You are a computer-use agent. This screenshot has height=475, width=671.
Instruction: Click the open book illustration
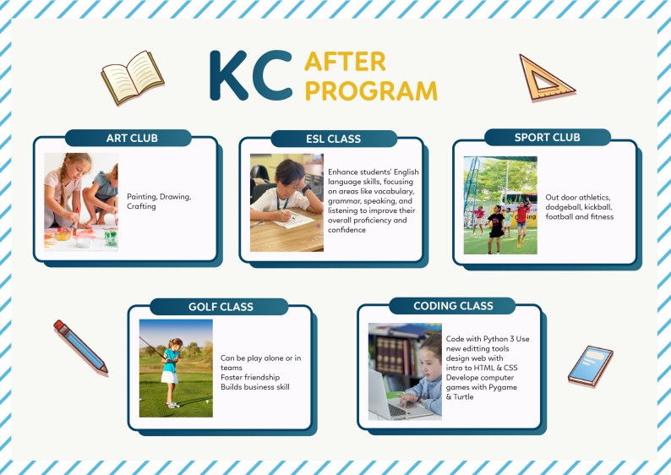133,77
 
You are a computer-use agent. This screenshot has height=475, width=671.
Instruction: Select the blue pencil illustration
80,347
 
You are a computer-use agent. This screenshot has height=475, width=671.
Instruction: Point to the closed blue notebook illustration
591,366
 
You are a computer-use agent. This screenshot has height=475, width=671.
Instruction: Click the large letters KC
251,76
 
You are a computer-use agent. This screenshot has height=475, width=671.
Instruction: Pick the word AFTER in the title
345,62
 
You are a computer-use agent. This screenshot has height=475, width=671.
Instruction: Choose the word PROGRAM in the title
372,90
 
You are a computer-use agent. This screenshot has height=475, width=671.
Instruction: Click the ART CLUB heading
132,139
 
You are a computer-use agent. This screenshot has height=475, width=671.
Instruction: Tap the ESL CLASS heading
333,139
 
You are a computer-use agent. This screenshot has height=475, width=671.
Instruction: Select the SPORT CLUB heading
548,138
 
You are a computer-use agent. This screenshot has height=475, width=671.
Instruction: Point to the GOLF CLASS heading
221,307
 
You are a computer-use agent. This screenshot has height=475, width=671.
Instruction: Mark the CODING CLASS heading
453,306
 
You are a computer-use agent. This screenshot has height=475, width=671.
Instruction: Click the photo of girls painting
81,201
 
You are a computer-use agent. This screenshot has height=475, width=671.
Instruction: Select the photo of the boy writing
286,202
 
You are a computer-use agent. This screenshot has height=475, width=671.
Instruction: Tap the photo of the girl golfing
176,368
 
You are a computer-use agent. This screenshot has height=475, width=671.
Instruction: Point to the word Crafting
141,206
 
